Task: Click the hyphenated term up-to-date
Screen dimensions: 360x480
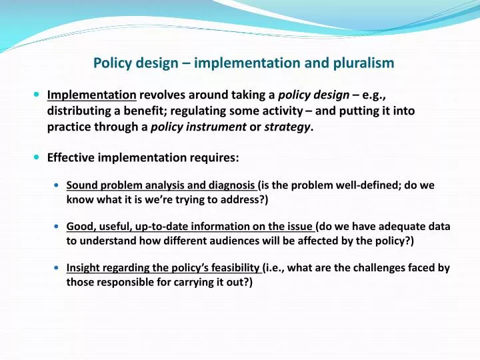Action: (x=157, y=227)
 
